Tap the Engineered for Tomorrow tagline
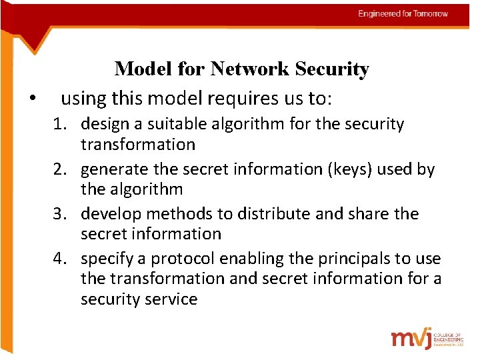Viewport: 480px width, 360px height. tap(403, 14)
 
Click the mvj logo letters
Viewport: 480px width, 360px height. tap(411, 338)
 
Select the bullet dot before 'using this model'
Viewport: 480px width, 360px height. tap(31, 100)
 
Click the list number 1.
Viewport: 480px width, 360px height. tap(68, 124)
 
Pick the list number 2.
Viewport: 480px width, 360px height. tap(68, 169)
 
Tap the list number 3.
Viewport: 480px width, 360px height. tap(68, 214)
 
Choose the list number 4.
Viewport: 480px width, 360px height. tap(68, 259)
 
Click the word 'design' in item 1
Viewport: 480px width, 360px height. tap(103, 124)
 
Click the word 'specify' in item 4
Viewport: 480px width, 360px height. tap(106, 259)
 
